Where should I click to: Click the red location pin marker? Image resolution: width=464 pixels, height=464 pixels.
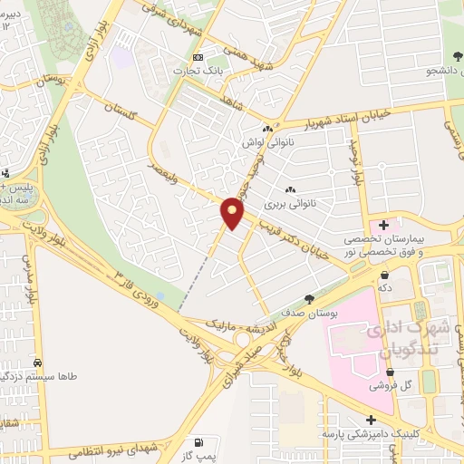[232, 212]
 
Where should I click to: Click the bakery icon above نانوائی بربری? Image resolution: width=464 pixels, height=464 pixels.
[291, 189]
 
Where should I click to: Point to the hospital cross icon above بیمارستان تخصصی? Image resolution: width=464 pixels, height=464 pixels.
[384, 224]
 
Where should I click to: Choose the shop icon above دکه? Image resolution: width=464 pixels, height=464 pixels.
[385, 274]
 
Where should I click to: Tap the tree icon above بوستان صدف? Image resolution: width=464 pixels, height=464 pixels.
[311, 297]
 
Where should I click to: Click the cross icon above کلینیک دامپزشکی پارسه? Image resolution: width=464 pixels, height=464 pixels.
[371, 419]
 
